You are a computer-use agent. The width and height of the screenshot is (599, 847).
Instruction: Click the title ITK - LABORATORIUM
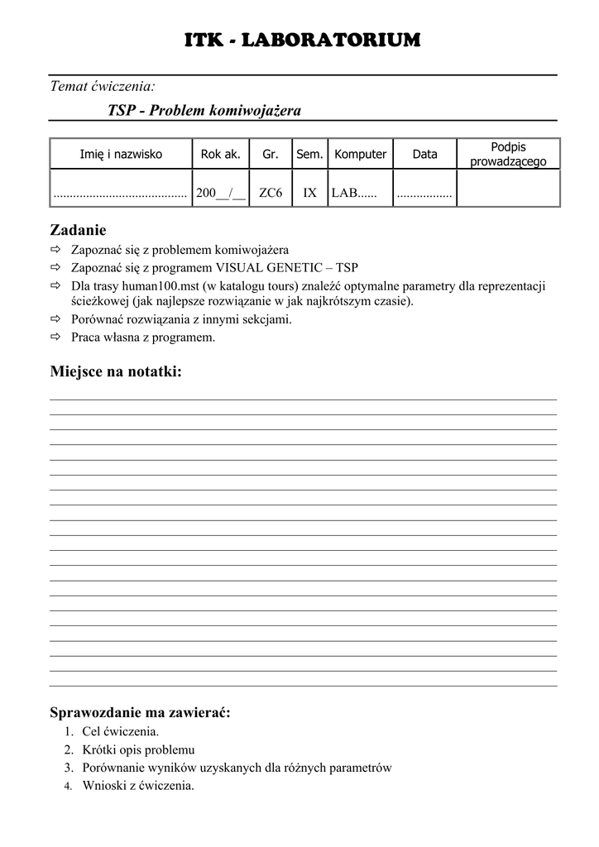(x=301, y=40)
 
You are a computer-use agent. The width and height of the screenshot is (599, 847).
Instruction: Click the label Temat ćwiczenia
(x=103, y=85)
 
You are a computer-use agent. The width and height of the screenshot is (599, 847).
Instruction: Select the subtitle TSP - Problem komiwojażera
(x=204, y=110)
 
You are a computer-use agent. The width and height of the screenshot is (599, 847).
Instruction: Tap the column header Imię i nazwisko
(x=121, y=154)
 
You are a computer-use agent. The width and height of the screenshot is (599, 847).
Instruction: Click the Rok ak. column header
(x=221, y=154)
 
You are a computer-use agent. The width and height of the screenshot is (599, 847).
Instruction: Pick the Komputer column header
(x=360, y=154)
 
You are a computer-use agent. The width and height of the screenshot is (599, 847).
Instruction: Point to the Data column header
(x=424, y=154)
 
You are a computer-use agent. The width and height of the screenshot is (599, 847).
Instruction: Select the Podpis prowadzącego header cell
(x=508, y=154)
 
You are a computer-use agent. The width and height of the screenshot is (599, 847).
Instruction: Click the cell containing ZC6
(x=271, y=193)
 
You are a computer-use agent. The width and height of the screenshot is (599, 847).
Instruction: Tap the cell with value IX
(x=309, y=193)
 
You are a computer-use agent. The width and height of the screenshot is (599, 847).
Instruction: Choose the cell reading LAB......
(x=353, y=193)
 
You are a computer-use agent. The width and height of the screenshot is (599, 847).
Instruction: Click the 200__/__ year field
(x=221, y=193)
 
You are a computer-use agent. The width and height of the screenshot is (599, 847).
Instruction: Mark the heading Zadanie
(x=78, y=230)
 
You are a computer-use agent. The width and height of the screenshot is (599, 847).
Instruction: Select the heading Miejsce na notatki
(x=116, y=372)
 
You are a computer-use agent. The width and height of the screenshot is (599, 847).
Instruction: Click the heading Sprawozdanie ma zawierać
(x=140, y=712)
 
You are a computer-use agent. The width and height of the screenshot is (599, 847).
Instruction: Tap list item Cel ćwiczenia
(x=121, y=732)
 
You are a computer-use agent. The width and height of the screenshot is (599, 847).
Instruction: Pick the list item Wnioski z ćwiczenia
(x=138, y=786)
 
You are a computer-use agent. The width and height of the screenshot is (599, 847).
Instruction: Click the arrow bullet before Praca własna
(x=55, y=337)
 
